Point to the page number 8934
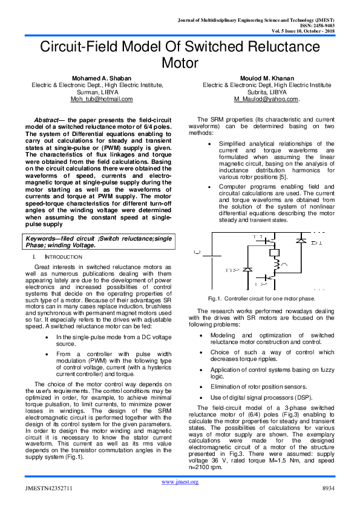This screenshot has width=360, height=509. [327, 487]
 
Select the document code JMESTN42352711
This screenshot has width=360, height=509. [49, 487]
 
